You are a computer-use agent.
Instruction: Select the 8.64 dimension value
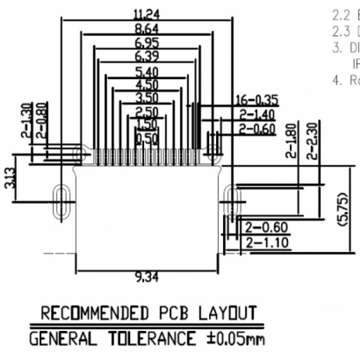pyautogui.click(x=141, y=28)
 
